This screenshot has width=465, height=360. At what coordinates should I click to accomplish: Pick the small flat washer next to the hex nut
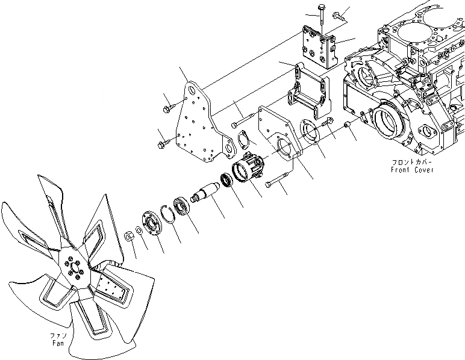pyautogui.click(x=139, y=231)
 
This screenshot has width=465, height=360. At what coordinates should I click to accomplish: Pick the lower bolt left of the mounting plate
pyautogui.click(x=164, y=144)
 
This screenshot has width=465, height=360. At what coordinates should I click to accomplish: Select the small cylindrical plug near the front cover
pyautogui.click(x=348, y=125)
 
